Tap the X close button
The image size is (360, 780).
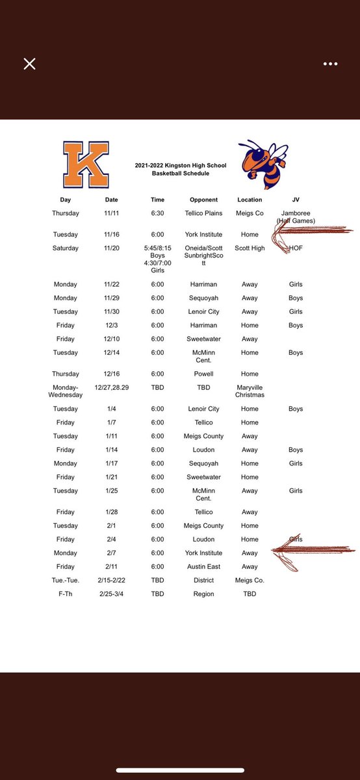[29, 64]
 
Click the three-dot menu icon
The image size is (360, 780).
[330, 64]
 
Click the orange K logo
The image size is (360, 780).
[85, 165]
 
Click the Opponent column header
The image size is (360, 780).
[203, 200]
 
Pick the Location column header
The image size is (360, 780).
[250, 200]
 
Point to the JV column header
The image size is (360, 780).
[296, 200]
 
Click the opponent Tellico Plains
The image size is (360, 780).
[203, 213]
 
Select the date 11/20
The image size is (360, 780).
[112, 248]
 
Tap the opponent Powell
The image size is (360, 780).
[203, 374]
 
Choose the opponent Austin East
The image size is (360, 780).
[203, 567]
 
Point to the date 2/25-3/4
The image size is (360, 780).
[112, 594]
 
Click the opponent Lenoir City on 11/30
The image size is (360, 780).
[203, 311]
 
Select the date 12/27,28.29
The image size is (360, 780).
[112, 387]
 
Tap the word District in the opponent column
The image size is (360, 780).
[203, 580]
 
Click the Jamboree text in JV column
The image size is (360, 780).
[296, 213]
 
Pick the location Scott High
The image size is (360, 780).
[250, 248]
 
